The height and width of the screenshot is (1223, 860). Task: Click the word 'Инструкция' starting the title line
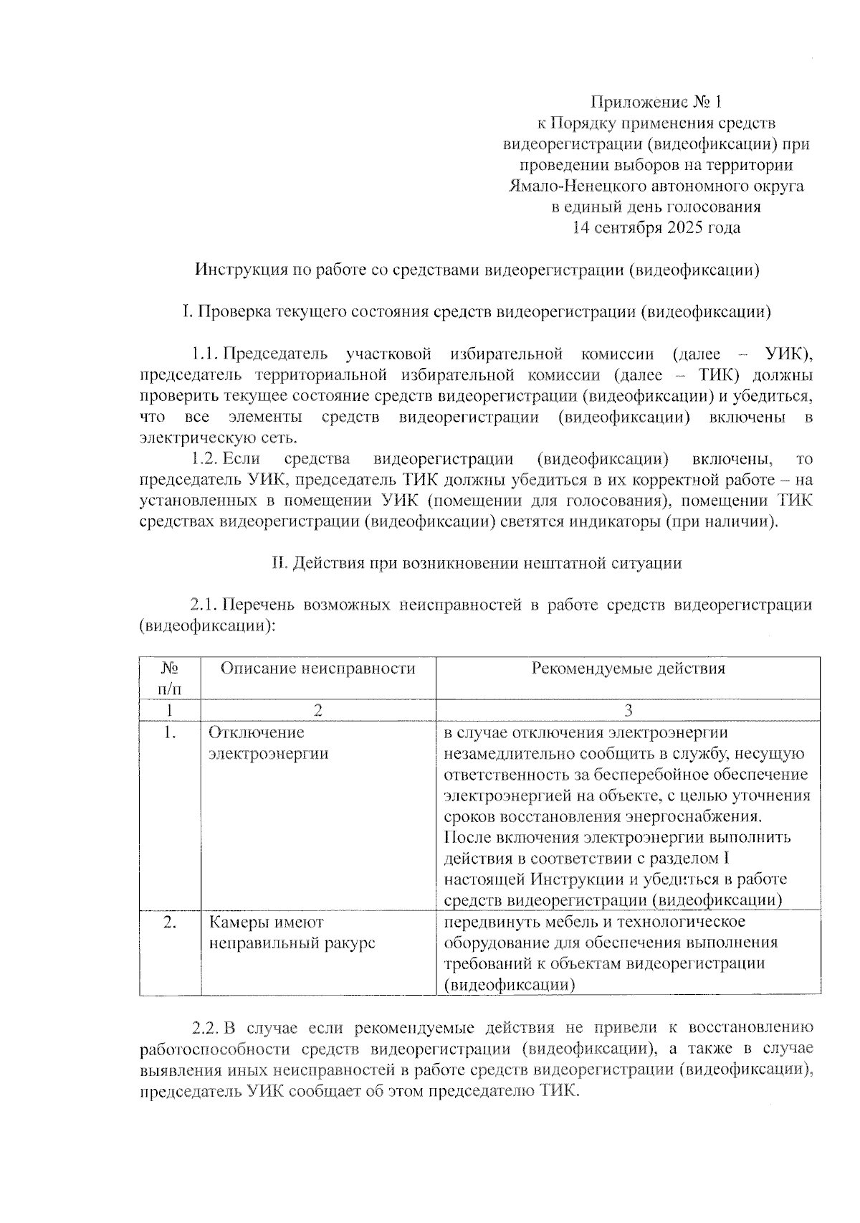click(x=239, y=270)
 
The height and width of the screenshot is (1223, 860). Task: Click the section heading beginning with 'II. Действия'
click(x=476, y=563)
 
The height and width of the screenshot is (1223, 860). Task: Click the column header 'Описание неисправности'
click(x=317, y=669)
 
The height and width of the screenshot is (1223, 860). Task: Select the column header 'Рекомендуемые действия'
click(x=628, y=669)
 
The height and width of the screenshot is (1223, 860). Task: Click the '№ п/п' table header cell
click(x=170, y=679)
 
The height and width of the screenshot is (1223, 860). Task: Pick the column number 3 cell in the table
click(x=628, y=710)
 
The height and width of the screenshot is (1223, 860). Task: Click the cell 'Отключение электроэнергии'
click(x=269, y=743)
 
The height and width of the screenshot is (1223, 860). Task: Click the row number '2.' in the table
click(x=170, y=922)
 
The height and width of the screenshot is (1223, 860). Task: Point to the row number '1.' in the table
click(x=170, y=733)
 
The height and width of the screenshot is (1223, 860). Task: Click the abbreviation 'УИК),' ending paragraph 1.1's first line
click(x=789, y=354)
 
